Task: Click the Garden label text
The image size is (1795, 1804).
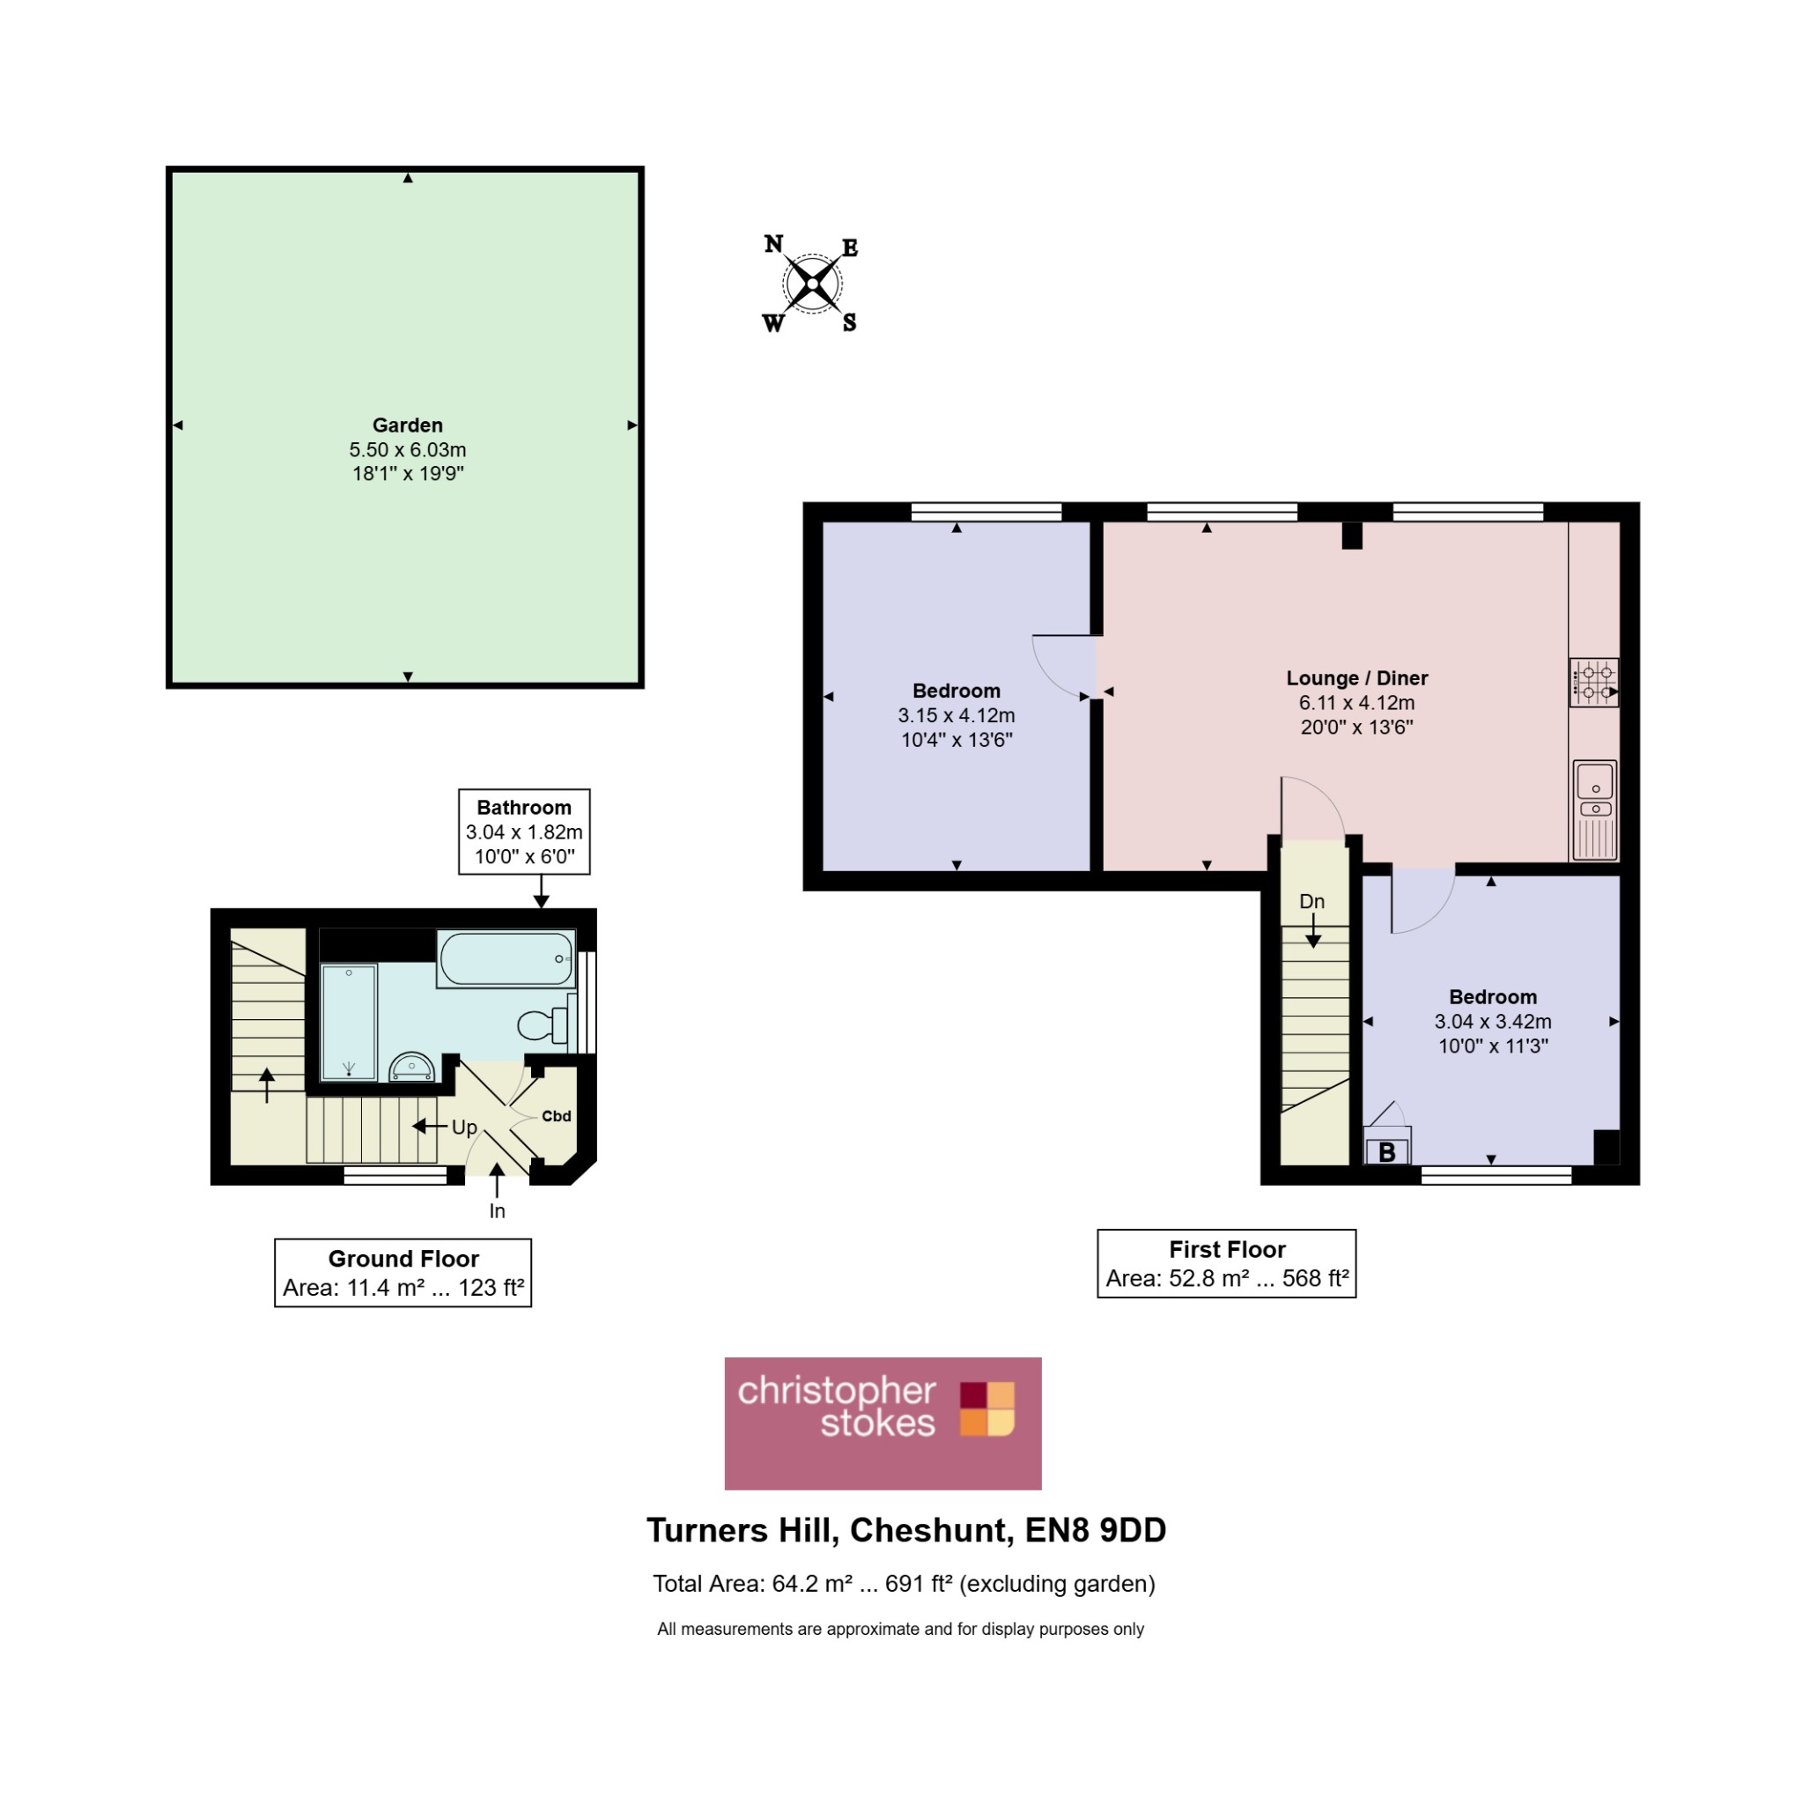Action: (x=407, y=425)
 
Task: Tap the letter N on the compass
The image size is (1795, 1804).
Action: (x=774, y=244)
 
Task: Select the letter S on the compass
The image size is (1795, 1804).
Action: (x=849, y=323)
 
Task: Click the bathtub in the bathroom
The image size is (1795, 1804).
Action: (x=506, y=959)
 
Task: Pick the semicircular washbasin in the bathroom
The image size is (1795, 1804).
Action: (x=411, y=1068)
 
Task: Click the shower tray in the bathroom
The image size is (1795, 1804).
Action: (x=349, y=1023)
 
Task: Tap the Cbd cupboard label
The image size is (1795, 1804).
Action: (x=557, y=1116)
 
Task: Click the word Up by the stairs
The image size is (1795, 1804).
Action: (x=464, y=1127)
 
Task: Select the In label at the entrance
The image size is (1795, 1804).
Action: (x=498, y=1211)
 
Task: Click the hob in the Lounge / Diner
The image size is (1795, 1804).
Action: (x=1594, y=683)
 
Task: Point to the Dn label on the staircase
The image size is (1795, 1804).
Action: (x=1312, y=901)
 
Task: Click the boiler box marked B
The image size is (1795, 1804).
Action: (x=1387, y=1146)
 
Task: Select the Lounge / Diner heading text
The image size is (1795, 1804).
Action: (x=1357, y=678)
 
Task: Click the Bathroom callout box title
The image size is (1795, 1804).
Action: (x=524, y=808)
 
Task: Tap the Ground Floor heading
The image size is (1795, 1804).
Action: (x=403, y=1259)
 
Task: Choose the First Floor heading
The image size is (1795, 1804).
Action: (x=1228, y=1249)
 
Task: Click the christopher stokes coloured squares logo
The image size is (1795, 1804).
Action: (x=986, y=1409)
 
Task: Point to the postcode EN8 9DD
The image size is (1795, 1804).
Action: (x=1096, y=1530)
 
